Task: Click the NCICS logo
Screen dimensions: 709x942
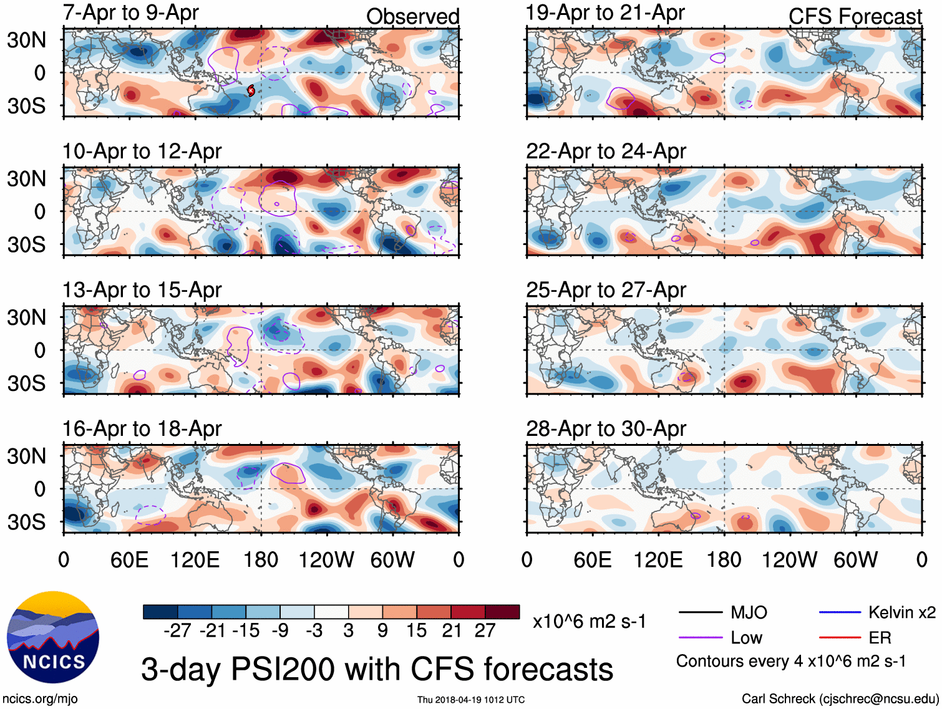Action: pos(53,637)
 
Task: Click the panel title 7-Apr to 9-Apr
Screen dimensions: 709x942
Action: pos(130,12)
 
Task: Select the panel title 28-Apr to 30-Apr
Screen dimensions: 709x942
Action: pos(606,429)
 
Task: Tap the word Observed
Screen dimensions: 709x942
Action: pos(412,17)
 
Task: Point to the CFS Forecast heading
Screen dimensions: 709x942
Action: pos(855,17)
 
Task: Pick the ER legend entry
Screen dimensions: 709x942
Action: pos(880,637)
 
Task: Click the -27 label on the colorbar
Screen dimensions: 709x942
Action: pos(177,630)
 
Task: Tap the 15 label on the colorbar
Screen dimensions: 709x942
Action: pos(416,630)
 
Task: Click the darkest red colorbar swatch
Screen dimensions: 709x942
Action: pos(502,612)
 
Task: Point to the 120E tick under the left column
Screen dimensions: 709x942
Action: pos(195,559)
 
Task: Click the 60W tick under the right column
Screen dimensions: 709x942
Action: pos(855,559)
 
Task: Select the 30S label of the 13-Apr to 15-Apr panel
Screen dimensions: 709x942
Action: pos(27,383)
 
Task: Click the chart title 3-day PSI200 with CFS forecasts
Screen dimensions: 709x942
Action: pos(377,669)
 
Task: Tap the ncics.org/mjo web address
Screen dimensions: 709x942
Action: pos(40,699)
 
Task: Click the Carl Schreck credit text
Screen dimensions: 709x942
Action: pos(840,699)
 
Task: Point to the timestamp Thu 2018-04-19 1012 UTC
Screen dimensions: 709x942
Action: pos(471,700)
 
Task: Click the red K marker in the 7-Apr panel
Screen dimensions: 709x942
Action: pos(251,90)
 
